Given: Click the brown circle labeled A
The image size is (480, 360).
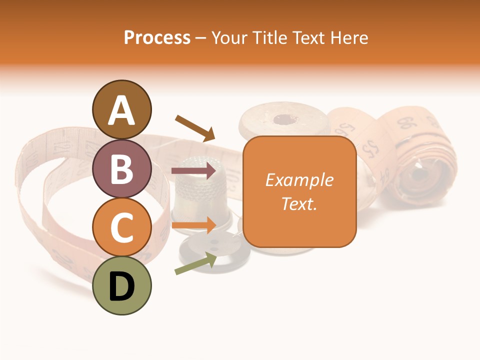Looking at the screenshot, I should click(121, 109).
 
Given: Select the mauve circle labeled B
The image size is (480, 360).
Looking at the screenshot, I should click(121, 168).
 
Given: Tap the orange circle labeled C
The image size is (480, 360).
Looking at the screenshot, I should click(121, 227).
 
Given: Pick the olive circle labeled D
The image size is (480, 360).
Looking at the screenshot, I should click(121, 286).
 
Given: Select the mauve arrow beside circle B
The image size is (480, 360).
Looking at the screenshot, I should click(194, 171).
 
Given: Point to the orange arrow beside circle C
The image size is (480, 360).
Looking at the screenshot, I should click(194, 225).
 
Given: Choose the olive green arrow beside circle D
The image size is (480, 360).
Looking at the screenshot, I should click(195, 263).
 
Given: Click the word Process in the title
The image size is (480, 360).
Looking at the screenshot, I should click(157, 38).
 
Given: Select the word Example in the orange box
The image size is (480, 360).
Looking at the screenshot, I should click(299, 180).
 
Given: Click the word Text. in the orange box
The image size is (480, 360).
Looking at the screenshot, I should click(299, 203).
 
